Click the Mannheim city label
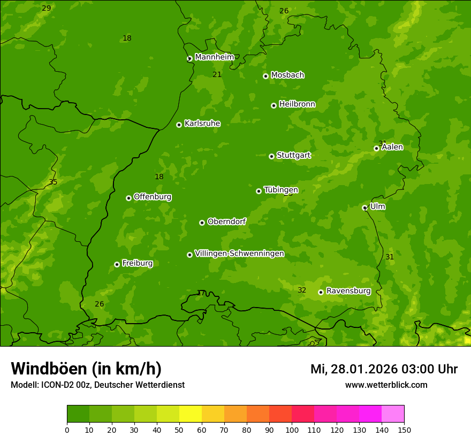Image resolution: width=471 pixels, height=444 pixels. [x=214, y=57]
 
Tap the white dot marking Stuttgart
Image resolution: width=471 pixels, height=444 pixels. [x=271, y=156]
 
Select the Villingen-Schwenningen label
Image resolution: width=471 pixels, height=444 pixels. [x=239, y=254]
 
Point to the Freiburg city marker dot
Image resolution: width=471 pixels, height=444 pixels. [x=117, y=264]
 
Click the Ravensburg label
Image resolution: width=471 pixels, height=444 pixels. [x=348, y=291]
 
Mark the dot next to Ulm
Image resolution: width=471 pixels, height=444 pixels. [x=364, y=208]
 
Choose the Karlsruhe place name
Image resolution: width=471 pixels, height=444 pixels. [x=202, y=124]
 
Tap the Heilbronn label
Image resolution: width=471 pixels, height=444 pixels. [x=297, y=104]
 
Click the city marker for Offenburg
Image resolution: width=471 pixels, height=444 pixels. [x=128, y=198]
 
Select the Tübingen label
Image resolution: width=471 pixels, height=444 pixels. [x=281, y=190]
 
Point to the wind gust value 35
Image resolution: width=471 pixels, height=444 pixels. [x=53, y=182]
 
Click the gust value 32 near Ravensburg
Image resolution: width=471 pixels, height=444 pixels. [x=302, y=290]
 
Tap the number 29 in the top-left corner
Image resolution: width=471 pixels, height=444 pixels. [x=47, y=8]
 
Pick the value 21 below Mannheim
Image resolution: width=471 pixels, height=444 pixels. [x=217, y=74]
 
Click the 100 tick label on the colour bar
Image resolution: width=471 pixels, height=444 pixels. [x=292, y=430]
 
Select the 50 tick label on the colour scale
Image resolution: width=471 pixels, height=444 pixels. [x=179, y=430]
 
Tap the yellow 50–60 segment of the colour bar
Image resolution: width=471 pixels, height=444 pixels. [x=191, y=414]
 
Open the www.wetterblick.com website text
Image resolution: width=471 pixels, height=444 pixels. [x=386, y=385]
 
